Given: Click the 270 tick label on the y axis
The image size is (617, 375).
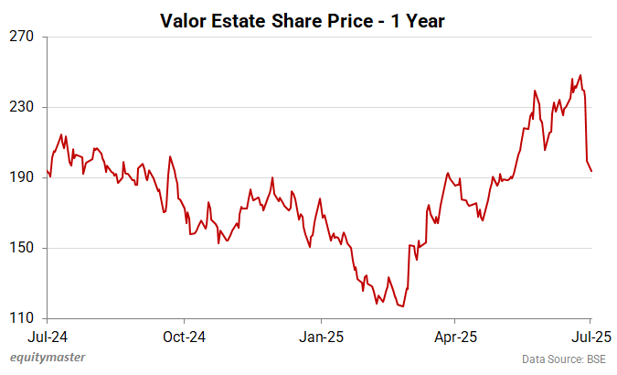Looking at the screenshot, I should coord(22,37).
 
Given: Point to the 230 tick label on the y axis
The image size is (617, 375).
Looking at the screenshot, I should coord(22,107).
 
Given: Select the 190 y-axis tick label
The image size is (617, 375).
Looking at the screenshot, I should coord(22,177).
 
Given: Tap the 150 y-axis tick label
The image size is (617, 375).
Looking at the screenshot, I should coord(22,248).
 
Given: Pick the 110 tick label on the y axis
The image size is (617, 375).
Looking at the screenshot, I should coord(22,318).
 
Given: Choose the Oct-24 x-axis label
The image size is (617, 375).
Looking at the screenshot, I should coord(184,335).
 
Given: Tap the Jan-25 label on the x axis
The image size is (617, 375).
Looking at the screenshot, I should coord(322,335).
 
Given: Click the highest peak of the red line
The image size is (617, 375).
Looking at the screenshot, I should coord(580,75).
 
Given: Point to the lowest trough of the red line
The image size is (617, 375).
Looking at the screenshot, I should coord(402,306).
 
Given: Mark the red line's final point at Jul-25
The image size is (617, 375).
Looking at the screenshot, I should coord(591,171).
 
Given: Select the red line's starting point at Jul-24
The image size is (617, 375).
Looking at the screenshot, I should coord(47,170).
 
